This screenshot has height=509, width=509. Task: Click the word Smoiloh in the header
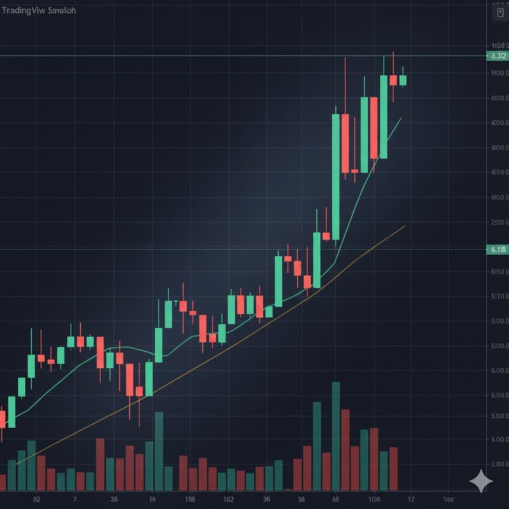pos(60,11)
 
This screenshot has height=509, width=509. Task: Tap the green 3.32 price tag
pos(496,56)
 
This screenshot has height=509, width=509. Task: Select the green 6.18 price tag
pos(496,249)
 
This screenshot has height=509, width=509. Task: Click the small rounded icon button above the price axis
pos(500,11)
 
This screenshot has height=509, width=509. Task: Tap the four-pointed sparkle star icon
pos(481,481)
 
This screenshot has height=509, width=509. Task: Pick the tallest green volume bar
pos(336,435)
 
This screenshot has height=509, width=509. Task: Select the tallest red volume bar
pos(345,449)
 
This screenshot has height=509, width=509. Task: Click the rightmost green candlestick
pos(403,80)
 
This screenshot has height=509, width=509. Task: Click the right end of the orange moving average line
pos(405,226)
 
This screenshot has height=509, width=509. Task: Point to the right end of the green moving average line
pos(401,118)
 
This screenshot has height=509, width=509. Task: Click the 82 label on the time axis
pos(37,499)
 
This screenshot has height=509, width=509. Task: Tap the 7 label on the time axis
pos(75,499)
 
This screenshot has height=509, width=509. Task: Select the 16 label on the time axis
pos(152,499)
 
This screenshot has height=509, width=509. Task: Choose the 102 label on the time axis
pos(228,499)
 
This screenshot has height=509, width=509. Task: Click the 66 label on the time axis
pos(335,499)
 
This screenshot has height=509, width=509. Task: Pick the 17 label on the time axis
pos(411,499)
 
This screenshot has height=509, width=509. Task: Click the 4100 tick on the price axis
pos(498,46)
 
